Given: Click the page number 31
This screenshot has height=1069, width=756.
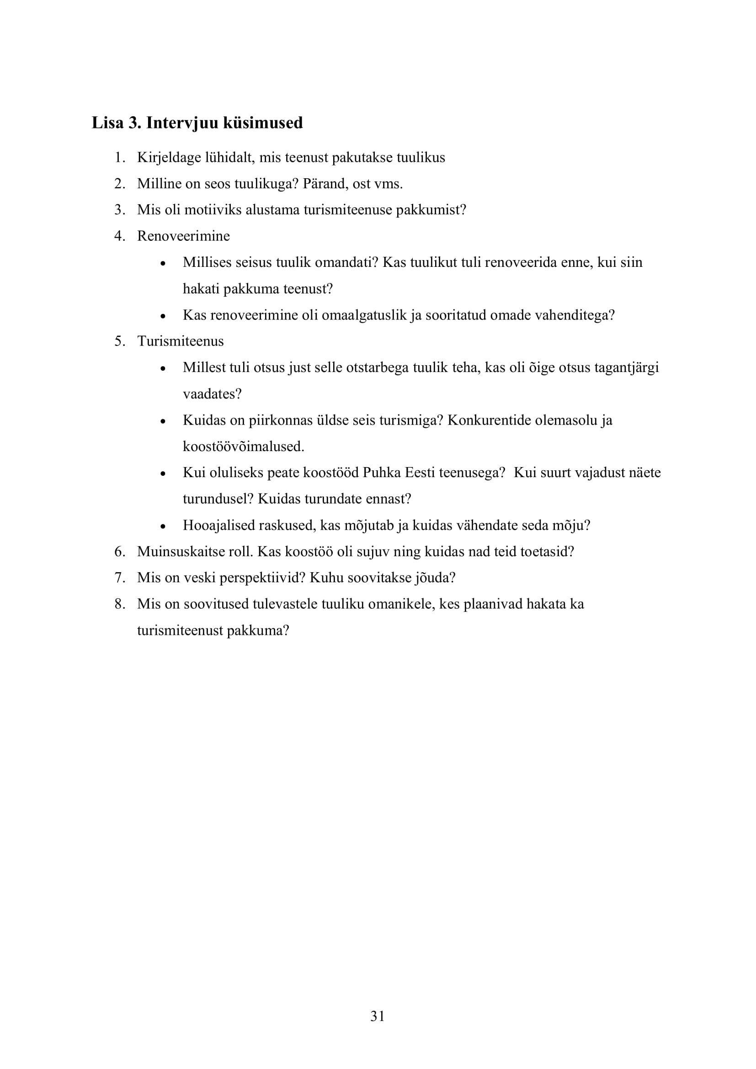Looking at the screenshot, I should (378, 1016).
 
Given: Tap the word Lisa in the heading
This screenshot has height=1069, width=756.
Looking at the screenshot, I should (107, 123).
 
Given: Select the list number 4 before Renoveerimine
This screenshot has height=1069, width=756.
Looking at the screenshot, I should (119, 236).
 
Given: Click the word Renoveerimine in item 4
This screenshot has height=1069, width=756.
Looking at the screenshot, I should (183, 236).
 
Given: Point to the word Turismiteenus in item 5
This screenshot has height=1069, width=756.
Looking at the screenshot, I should (180, 341).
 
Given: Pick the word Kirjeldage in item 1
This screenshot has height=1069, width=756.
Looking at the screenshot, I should (169, 158).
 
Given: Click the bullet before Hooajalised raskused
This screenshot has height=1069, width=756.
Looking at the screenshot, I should (162, 527).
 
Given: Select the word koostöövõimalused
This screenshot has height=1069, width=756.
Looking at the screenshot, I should (243, 447).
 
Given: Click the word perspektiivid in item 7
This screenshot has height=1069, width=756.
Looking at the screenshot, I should (262, 578).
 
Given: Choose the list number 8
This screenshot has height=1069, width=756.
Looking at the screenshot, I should (119, 604).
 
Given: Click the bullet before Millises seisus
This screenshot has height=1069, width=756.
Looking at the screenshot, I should (162, 264).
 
